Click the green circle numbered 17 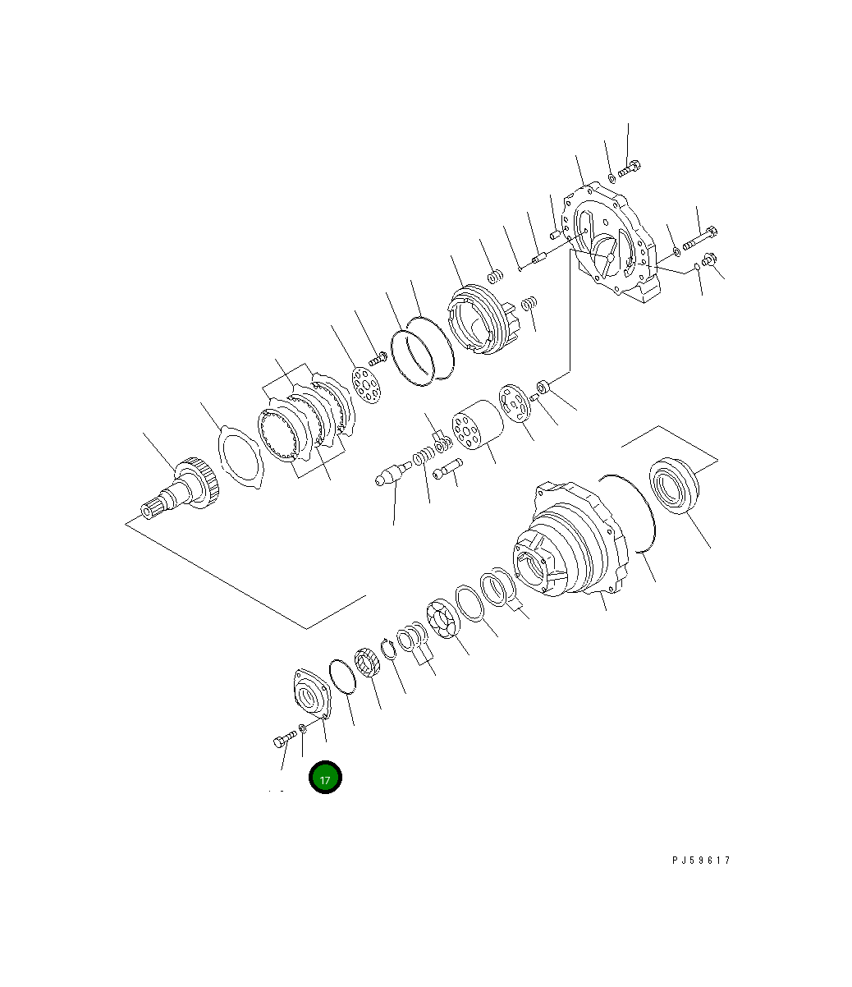(x=325, y=777)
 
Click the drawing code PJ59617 (x=701, y=860)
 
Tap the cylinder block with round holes (x=478, y=425)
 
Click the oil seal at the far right (x=674, y=485)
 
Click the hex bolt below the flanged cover (x=285, y=739)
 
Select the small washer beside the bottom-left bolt (x=303, y=728)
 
